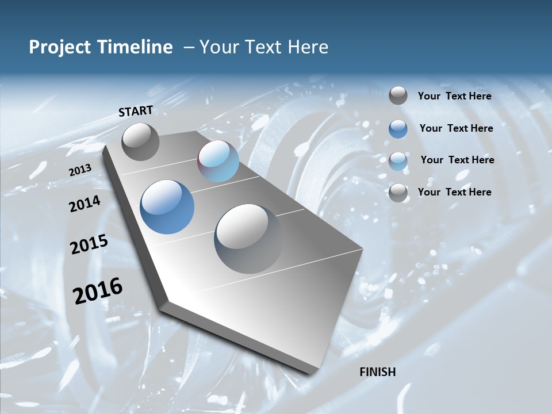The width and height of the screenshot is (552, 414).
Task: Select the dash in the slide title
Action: pos(188,47)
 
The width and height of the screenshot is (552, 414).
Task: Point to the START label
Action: pos(136,111)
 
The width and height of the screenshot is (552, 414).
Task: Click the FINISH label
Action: pos(378,372)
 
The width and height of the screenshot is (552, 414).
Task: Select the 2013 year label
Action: pos(80,170)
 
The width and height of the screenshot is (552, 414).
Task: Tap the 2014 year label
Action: pos(85,204)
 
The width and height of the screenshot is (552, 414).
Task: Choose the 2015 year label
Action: pos(89,244)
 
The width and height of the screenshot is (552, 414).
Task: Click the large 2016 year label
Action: pos(98,291)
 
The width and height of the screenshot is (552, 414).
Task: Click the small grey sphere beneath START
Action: pos(140,141)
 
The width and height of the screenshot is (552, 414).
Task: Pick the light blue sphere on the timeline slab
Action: pos(218,161)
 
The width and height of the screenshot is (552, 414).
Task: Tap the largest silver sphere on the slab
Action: pos(248,238)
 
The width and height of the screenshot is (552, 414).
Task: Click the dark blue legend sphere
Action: pos(398,129)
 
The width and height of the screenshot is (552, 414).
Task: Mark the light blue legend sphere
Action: pos(398,161)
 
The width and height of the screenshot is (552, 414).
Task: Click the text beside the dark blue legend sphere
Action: pos(456,128)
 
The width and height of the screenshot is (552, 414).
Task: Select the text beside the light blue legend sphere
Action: pos(457,160)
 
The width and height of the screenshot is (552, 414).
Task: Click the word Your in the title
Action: pos(220,47)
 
